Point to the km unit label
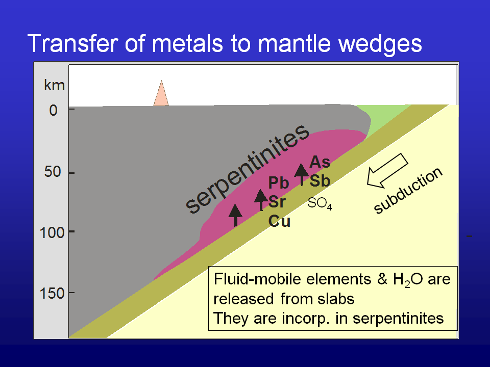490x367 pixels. pos(54,85)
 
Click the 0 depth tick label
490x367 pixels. pos(53,111)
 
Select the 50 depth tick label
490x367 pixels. pos(53,172)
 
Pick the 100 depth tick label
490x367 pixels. pos(53,232)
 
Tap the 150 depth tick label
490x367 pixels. pos(53,294)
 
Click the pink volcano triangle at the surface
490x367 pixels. pos(161,95)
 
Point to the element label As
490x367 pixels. pos(320,162)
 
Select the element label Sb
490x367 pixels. pos(320,181)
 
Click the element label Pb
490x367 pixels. pos(279,183)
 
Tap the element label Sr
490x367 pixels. pos(277,202)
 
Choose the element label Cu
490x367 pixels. pos(279,221)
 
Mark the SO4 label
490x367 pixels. pos(320,203)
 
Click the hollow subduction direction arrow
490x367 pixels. pos(387,171)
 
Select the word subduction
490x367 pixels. pos(408,191)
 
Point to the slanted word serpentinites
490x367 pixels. pos(247,169)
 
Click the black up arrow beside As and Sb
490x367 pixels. pos(302,174)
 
